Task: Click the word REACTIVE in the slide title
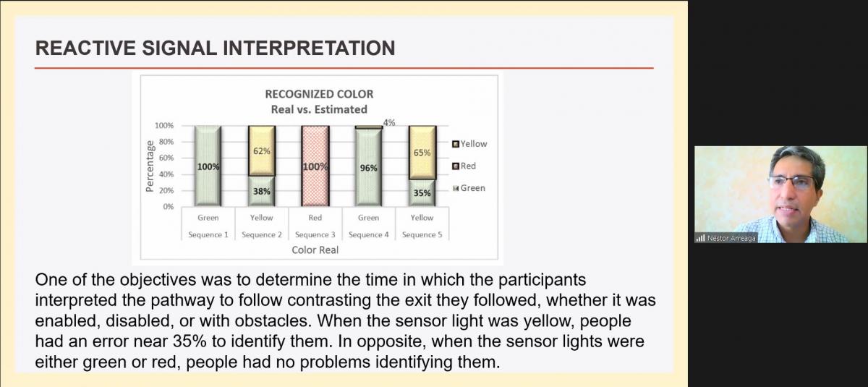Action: (x=85, y=48)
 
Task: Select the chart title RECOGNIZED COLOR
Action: (x=319, y=94)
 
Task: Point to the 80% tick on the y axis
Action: (x=166, y=142)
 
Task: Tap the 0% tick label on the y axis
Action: (x=168, y=207)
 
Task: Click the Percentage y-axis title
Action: (x=150, y=166)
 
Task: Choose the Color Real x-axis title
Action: (x=315, y=250)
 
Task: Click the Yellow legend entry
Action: (x=469, y=144)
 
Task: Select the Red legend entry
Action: (x=464, y=166)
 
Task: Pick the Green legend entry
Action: (x=469, y=188)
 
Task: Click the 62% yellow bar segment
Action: (x=262, y=151)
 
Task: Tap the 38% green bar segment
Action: (x=262, y=191)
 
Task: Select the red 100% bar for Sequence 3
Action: (x=315, y=166)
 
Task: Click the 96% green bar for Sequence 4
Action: (x=368, y=168)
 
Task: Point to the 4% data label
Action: (x=389, y=123)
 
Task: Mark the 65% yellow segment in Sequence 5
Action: (x=422, y=153)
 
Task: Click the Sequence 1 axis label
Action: (x=208, y=235)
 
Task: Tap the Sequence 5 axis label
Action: (x=422, y=235)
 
